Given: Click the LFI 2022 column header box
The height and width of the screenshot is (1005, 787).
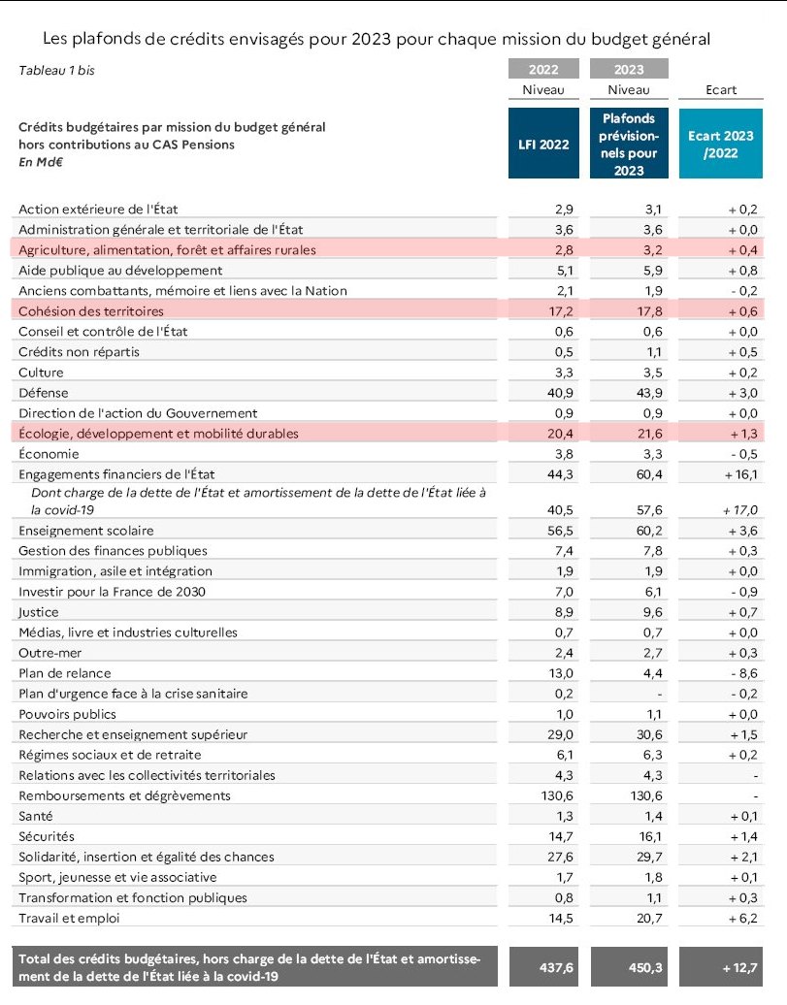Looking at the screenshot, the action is coord(543,143).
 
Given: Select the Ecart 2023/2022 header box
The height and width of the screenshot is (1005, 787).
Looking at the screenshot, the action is coord(721,143).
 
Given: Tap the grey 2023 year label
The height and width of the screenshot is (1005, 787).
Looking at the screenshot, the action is coord(629,69).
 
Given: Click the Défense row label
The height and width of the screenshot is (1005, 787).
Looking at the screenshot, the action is coord(43,393).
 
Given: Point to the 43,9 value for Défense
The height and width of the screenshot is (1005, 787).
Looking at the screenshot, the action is coord(649,393).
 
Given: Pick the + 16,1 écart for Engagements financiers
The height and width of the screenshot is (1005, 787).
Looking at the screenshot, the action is coord(740,474).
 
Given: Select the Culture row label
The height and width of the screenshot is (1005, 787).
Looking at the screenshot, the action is coord(41,373).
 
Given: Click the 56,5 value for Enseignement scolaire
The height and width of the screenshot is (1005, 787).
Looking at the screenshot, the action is coord(560,531).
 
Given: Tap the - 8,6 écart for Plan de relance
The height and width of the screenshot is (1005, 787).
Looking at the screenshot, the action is coord(744,673).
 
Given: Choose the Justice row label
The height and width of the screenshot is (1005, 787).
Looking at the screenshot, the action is coord(39,612).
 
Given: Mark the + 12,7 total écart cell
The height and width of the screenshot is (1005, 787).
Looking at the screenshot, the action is coord(739,967).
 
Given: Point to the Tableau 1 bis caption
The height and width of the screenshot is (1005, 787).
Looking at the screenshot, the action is coord(56,71).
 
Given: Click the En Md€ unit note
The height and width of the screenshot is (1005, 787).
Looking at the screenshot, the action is coord(41,162).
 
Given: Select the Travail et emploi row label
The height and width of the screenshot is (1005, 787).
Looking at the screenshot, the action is coord(69,918).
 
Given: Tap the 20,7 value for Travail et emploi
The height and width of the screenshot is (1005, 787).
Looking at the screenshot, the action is coord(649,919).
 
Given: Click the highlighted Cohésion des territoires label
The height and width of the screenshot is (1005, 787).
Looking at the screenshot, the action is coord(91,311).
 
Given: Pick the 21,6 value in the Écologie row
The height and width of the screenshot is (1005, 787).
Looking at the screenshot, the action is coord(650,434).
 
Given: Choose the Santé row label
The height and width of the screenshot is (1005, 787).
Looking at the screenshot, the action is coord(35,816).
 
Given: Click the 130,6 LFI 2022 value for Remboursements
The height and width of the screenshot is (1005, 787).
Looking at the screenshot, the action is coord(557,796).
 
